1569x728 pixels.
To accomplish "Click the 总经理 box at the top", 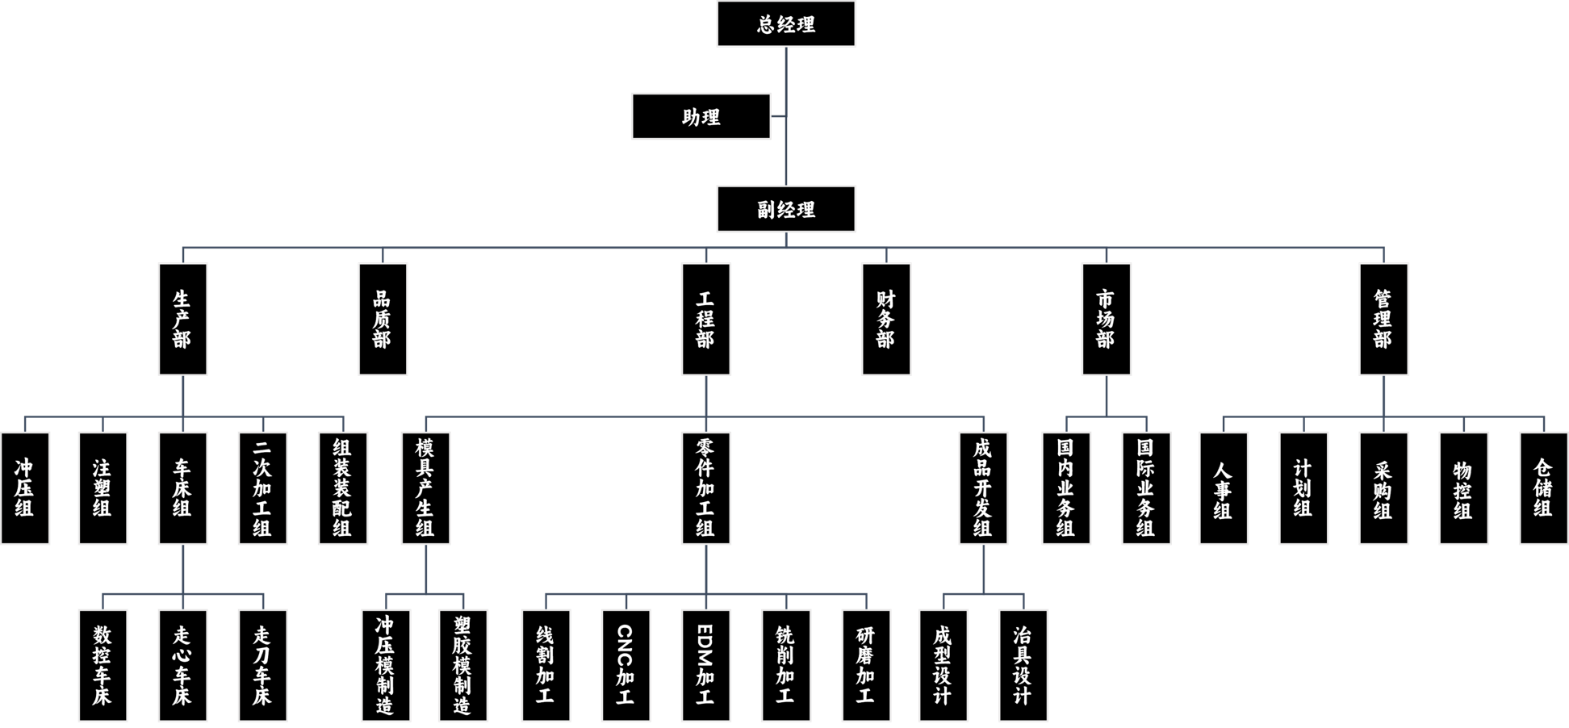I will click(786, 24).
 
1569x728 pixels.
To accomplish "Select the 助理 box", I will click(701, 117).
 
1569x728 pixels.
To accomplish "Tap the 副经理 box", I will click(786, 210).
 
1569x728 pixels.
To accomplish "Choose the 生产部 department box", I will click(182, 320).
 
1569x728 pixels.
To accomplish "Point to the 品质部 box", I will click(383, 320).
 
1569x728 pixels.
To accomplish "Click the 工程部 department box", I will click(706, 320).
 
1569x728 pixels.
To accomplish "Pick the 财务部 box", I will click(886, 320).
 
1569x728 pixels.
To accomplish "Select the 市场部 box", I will click(1107, 320).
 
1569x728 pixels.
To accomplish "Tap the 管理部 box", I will click(1384, 320).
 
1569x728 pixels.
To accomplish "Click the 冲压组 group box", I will click(25, 488).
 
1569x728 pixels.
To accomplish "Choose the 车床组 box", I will click(182, 488).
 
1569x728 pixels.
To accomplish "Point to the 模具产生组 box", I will click(425, 488).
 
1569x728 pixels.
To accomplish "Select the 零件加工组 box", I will click(706, 488).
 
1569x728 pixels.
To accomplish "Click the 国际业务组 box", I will click(1146, 488).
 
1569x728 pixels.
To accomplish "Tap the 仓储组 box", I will click(1543, 488).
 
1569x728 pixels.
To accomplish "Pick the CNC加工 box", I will click(626, 665).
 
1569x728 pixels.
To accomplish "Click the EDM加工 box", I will click(706, 665).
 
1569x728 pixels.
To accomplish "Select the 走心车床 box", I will click(182, 665).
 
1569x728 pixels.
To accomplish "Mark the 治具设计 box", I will click(1023, 665).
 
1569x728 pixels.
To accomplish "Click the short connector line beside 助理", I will click(779, 116).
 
